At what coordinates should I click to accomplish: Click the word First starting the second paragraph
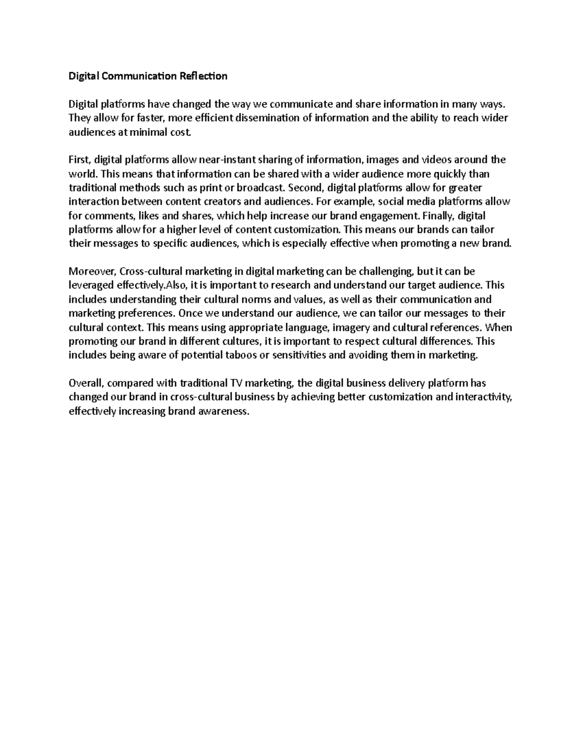(x=80, y=160)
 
